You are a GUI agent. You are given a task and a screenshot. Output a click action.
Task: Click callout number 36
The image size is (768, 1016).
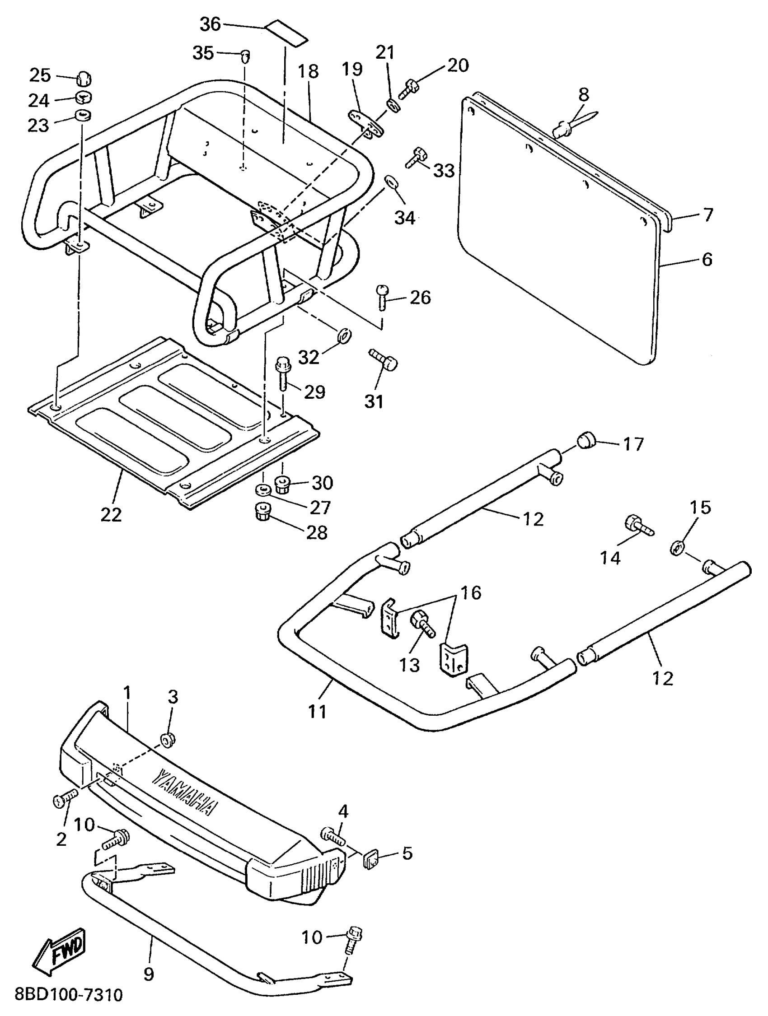point(210,24)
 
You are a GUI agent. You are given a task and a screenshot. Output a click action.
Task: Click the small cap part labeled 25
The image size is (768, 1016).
point(83,79)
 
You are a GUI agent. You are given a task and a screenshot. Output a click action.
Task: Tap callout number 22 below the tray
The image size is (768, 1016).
point(111,515)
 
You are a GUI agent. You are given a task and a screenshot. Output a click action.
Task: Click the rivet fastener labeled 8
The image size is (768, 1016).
point(565,126)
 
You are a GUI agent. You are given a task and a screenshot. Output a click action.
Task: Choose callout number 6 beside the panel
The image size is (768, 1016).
point(707,260)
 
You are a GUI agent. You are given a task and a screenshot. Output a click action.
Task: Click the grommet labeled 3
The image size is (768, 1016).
point(167,740)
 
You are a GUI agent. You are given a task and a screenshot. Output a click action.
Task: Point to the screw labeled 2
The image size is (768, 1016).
point(63,800)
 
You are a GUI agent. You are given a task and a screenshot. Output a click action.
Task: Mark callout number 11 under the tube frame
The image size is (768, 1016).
point(317,712)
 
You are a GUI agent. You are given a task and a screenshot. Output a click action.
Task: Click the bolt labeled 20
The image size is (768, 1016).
point(409,88)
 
